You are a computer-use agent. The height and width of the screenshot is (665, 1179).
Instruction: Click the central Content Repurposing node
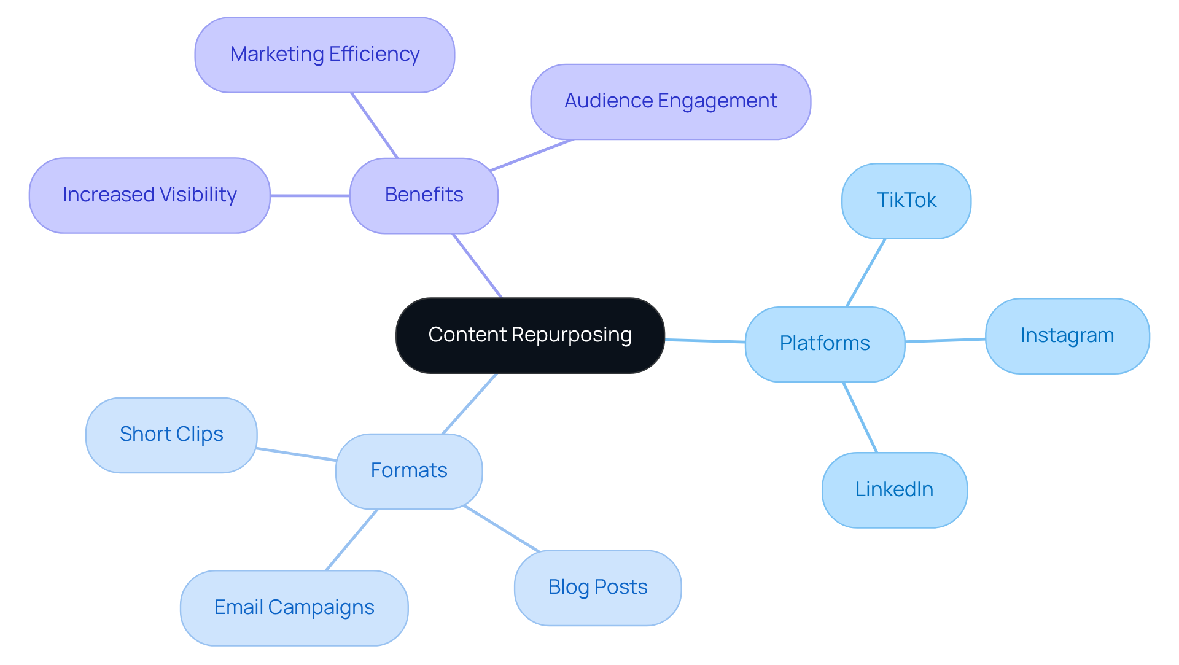529,335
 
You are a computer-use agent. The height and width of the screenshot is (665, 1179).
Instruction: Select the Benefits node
424,195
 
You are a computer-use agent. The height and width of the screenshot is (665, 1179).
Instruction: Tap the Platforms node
824,344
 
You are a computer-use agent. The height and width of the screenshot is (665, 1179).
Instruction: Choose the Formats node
408,471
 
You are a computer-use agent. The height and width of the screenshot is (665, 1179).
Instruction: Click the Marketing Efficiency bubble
324,55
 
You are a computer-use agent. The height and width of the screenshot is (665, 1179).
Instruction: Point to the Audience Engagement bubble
670,101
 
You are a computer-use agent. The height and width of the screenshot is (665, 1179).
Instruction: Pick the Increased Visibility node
149,195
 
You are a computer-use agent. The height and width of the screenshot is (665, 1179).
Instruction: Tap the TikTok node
906,201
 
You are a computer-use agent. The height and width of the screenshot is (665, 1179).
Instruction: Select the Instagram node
1067,336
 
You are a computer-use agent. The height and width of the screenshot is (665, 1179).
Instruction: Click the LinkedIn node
894,489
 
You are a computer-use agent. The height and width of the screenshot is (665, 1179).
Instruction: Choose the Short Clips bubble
171,435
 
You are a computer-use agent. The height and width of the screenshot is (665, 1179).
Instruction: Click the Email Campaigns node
294,607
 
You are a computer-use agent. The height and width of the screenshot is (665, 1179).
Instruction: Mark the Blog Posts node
597,588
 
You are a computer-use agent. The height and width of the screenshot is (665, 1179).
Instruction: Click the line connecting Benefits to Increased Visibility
310,196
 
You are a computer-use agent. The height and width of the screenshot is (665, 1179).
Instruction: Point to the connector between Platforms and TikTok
866,273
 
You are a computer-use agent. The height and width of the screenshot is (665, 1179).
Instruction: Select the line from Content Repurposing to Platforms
705,341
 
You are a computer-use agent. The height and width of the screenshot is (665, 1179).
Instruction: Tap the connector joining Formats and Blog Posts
501,529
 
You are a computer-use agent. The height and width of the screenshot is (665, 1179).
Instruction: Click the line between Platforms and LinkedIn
860,417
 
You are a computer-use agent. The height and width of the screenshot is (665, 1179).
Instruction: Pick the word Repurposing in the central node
571,335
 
